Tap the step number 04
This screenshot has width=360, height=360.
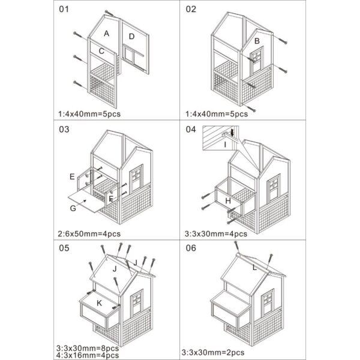[191, 129]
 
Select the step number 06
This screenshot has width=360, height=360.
[191, 247]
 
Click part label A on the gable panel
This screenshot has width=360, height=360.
[106, 34]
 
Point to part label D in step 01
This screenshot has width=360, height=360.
[131, 37]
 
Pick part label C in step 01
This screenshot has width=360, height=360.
[102, 52]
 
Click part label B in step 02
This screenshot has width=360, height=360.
[256, 41]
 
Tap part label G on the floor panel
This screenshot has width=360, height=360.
[73, 208]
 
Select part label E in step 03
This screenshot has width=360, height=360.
[72, 177]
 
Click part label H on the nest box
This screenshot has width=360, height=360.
[227, 200]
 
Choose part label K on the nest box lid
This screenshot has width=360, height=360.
[99, 304]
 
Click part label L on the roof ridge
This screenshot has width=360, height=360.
[254, 268]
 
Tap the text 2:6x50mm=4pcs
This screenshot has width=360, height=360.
[90, 233]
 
